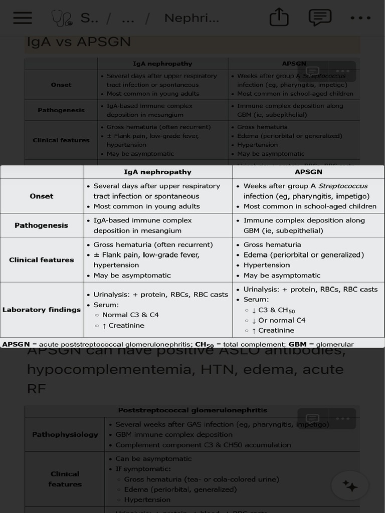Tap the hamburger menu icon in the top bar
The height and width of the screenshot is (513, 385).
pyautogui.click(x=23, y=18)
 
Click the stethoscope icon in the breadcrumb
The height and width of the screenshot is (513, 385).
pyautogui.click(x=61, y=19)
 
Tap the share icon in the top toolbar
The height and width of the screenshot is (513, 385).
pyautogui.click(x=279, y=18)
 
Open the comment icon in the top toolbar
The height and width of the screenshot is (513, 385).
pyautogui.click(x=320, y=18)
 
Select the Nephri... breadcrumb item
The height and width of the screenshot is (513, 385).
pyautogui.click(x=191, y=19)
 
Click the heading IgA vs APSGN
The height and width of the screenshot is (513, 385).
pyautogui.click(x=78, y=42)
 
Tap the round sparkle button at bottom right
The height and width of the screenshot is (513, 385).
pyautogui.click(x=350, y=485)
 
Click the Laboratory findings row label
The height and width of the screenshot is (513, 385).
pyautogui.click(x=42, y=310)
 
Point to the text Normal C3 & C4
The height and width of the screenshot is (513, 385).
pyautogui.click(x=130, y=315)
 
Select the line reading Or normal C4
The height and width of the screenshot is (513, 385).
pyautogui.click(x=282, y=320)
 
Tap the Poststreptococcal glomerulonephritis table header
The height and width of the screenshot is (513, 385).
pyautogui.click(x=192, y=410)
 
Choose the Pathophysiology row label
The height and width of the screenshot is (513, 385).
pyautogui.click(x=65, y=434)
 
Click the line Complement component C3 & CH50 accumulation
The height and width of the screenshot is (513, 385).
pyautogui.click(x=203, y=445)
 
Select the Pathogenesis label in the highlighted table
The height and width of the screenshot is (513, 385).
pyautogui.click(x=41, y=225)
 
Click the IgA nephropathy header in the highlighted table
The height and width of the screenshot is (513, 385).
pyautogui.click(x=157, y=172)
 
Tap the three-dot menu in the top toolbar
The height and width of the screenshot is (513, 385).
pyautogui.click(x=360, y=18)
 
